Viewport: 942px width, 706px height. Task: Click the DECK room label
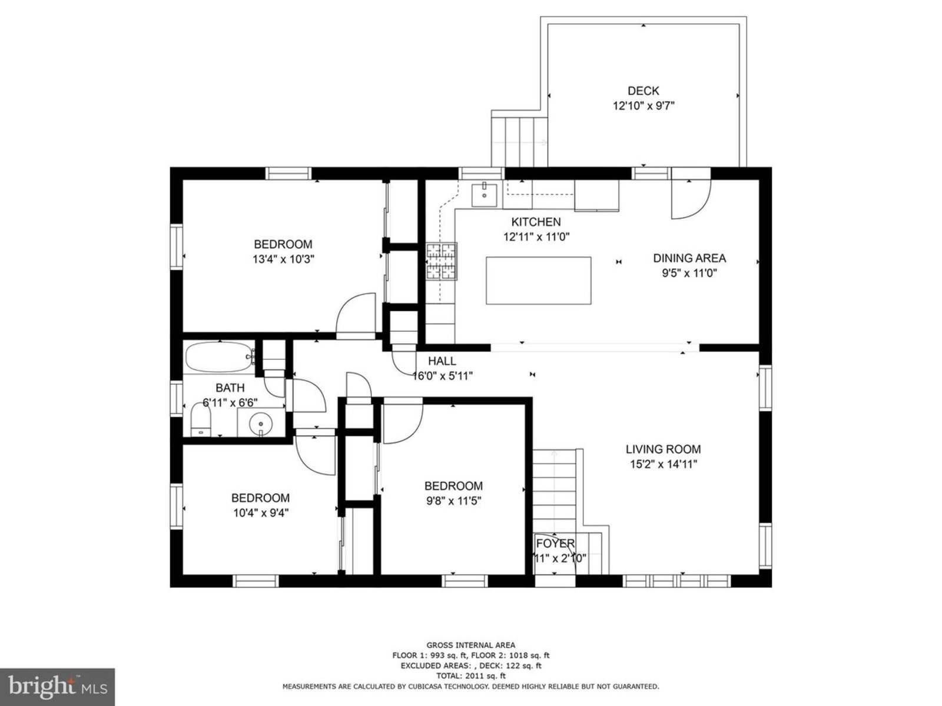point(643,91)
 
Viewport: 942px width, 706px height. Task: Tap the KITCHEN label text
point(536,222)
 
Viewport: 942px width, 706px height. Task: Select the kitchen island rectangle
point(538,281)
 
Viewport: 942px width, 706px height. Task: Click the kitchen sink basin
point(484,195)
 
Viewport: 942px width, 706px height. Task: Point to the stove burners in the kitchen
point(441,261)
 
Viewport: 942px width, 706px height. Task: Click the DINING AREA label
point(689,258)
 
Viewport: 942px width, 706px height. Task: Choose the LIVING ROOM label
point(663,449)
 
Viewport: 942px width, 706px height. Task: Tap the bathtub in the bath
point(220,357)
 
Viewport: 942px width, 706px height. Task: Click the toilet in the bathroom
point(200,420)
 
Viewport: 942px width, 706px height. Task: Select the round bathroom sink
point(260,424)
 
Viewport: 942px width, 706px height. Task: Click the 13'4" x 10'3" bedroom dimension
point(283,259)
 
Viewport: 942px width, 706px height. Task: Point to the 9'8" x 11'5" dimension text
point(453,501)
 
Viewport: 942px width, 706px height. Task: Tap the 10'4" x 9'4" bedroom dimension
point(260,512)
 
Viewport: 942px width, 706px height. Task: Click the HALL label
point(442,361)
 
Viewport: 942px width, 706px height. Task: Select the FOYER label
point(555,544)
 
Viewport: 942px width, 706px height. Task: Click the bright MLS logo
point(57,687)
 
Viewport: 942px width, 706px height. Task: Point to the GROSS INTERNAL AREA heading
point(470,645)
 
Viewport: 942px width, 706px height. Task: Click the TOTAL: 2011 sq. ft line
point(470,676)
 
